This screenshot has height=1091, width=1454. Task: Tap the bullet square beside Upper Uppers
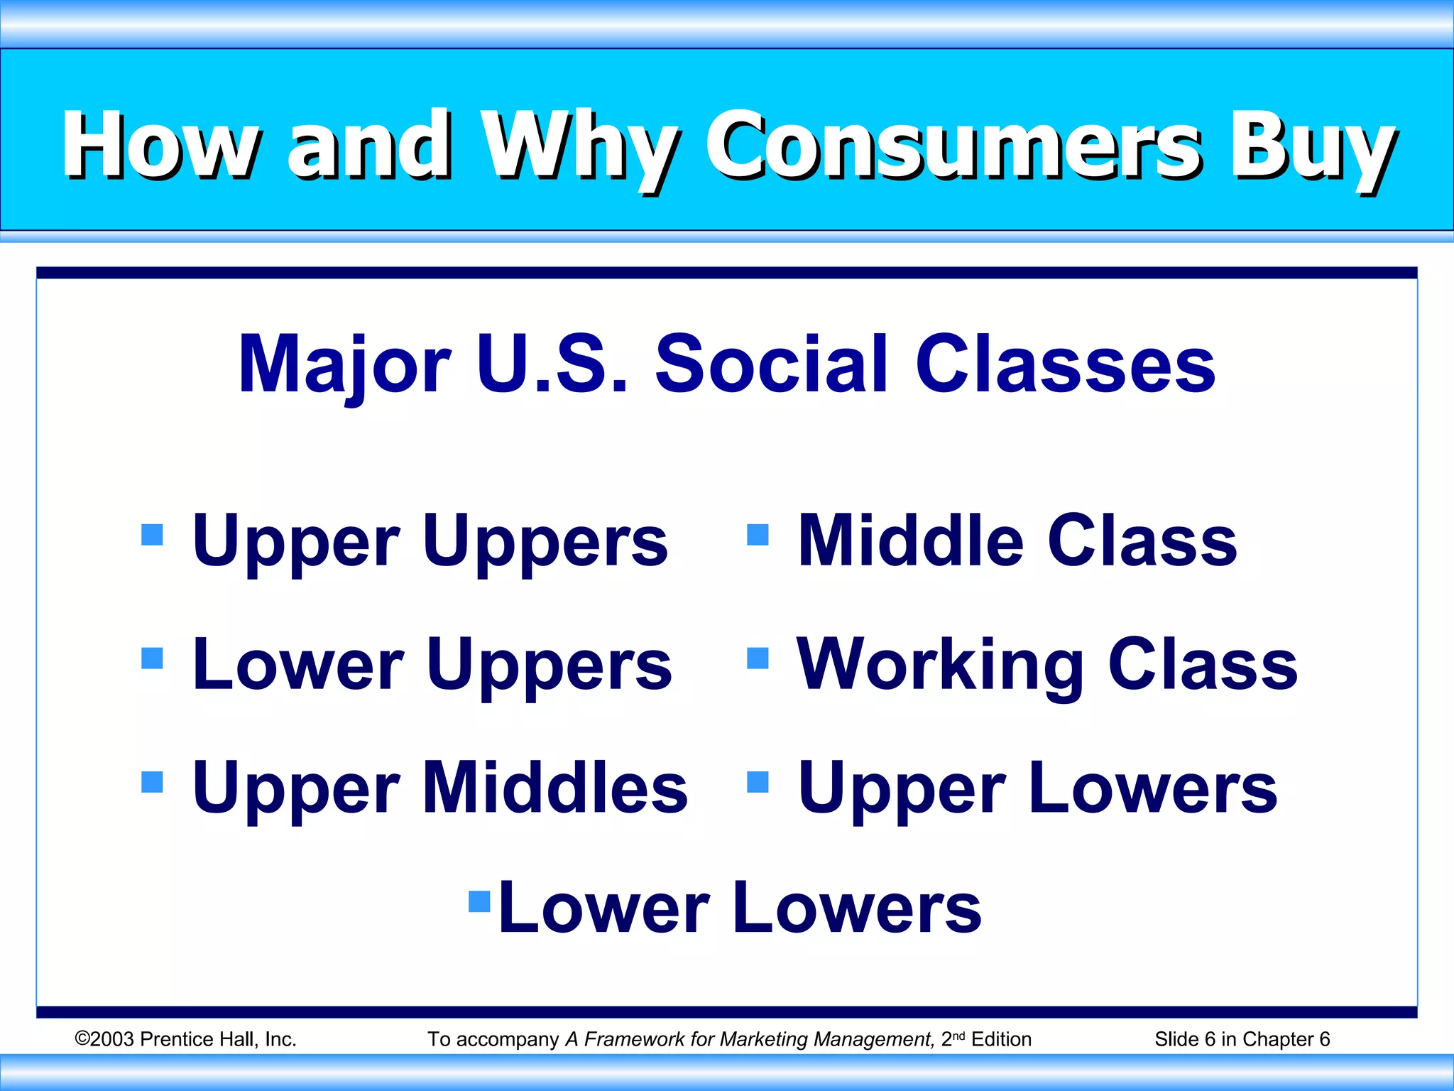point(152,534)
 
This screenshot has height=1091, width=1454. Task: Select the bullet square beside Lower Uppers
point(152,658)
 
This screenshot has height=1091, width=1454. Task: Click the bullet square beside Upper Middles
point(152,781)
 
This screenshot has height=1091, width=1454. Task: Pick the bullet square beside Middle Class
point(758,534)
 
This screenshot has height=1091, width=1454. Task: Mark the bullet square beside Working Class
point(758,658)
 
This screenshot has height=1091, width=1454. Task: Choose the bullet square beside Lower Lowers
point(479,901)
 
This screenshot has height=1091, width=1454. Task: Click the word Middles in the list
point(554,788)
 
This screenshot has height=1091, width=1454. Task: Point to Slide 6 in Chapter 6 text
point(1242,1039)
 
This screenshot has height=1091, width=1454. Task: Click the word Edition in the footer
point(1000,1039)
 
